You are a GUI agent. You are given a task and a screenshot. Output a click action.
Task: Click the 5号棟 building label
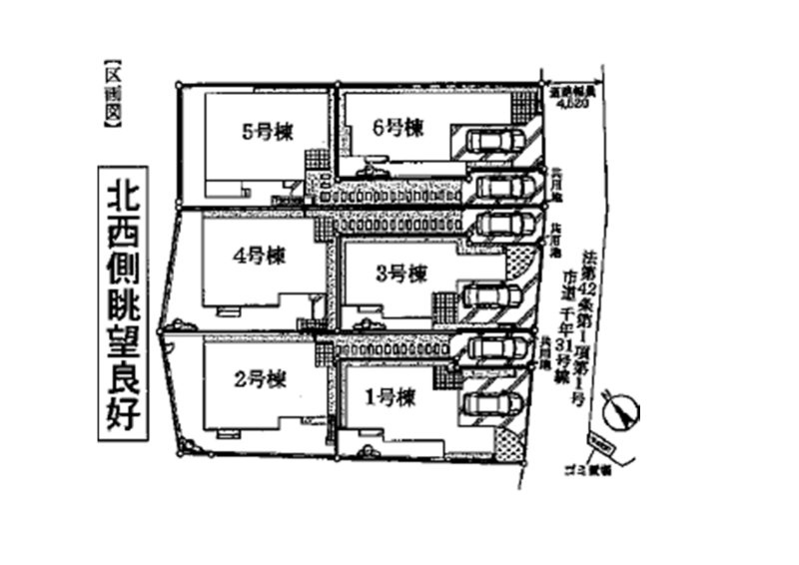coord(264,130)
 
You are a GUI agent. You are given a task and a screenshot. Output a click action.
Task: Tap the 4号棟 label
coord(258,255)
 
